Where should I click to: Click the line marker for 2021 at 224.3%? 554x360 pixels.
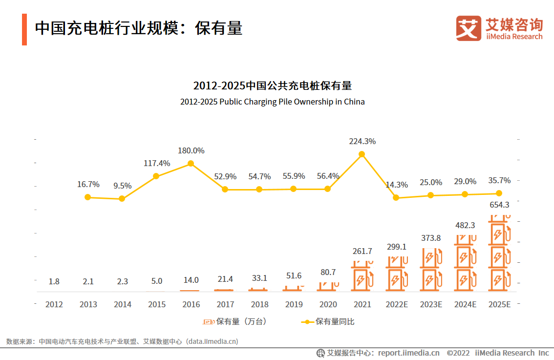[362, 154]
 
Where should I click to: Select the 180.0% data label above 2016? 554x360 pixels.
[191, 150]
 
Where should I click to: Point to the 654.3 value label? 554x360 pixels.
[499, 205]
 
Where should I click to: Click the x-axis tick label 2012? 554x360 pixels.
[54, 304]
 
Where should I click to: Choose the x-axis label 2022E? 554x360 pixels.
[396, 304]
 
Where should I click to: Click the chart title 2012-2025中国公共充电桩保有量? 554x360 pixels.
[273, 86]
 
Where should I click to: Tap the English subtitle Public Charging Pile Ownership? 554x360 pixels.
[273, 102]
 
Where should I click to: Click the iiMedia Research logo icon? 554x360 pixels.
[469, 28]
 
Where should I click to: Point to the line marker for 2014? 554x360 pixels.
[122, 199]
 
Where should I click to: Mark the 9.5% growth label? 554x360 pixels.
[122, 186]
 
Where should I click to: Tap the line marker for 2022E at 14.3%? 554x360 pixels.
[396, 198]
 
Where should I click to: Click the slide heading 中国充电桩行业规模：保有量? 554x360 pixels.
[138, 28]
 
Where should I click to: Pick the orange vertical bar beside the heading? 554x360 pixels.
[24, 29]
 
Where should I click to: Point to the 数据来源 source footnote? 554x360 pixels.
[122, 341]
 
